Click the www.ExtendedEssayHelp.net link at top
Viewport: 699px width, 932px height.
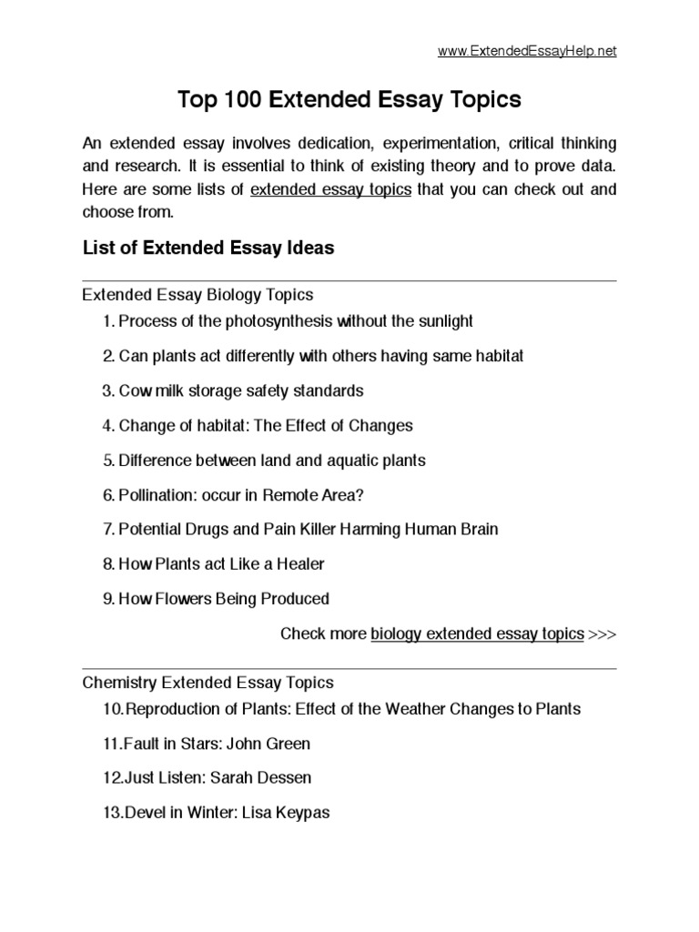click(x=527, y=51)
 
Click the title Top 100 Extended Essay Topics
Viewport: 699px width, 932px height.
click(x=349, y=100)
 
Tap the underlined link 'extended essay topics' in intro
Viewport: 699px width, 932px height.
click(x=330, y=190)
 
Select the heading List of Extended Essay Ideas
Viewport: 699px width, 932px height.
click(x=208, y=248)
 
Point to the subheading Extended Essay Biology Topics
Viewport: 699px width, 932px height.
click(x=198, y=295)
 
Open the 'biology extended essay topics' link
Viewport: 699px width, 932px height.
click(x=477, y=633)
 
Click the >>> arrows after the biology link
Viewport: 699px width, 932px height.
click(x=603, y=633)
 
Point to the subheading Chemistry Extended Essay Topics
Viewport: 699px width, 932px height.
click(x=208, y=682)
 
